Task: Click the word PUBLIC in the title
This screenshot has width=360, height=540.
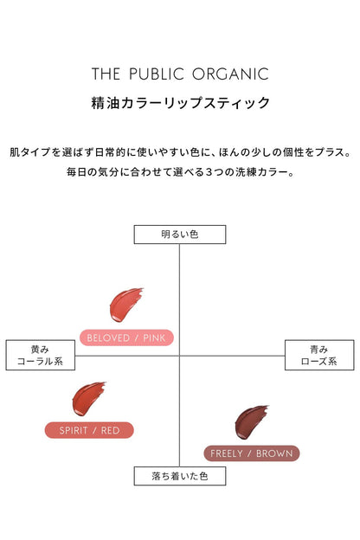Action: click(x=157, y=74)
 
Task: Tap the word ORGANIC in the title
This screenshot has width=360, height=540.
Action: click(x=230, y=74)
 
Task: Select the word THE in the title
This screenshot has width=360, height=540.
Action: click(x=106, y=74)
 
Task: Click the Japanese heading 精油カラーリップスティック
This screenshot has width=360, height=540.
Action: click(x=180, y=103)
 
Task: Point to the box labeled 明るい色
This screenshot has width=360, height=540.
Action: click(x=180, y=235)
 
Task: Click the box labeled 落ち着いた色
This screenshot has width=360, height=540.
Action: click(x=180, y=476)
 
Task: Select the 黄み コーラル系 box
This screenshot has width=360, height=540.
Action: click(x=41, y=355)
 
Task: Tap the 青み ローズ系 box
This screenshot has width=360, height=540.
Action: click(x=319, y=355)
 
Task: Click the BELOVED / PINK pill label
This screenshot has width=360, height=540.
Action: click(x=126, y=337)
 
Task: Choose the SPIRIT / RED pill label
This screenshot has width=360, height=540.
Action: click(x=89, y=430)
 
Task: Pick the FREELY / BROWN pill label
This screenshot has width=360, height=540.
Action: click(x=252, y=453)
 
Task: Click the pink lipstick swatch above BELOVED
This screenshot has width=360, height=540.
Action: click(x=125, y=305)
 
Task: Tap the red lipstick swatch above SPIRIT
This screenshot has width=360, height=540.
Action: click(x=88, y=399)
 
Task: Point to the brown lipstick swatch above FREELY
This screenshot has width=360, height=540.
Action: click(x=251, y=422)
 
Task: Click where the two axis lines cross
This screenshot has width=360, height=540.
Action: click(x=179, y=356)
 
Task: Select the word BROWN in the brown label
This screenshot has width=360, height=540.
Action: click(x=274, y=453)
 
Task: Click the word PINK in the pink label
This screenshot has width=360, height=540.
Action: click(x=154, y=337)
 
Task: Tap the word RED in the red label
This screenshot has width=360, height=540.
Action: click(x=110, y=430)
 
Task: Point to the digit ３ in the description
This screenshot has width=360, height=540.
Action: click(x=209, y=172)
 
